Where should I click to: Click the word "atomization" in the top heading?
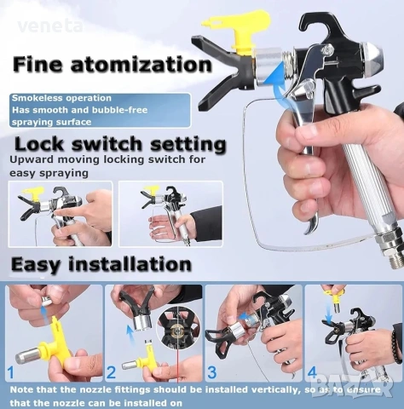pyautogui.click(x=141, y=65)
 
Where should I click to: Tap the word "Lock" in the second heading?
pyautogui.click(x=39, y=144)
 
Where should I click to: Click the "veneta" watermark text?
pyautogui.click(x=50, y=26)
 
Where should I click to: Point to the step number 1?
pyautogui.click(x=11, y=372)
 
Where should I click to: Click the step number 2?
pyautogui.click(x=111, y=372)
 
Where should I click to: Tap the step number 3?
pyautogui.click(x=212, y=372)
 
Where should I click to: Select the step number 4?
pyautogui.click(x=312, y=372)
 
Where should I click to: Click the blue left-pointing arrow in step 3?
pyautogui.click(x=245, y=317)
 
